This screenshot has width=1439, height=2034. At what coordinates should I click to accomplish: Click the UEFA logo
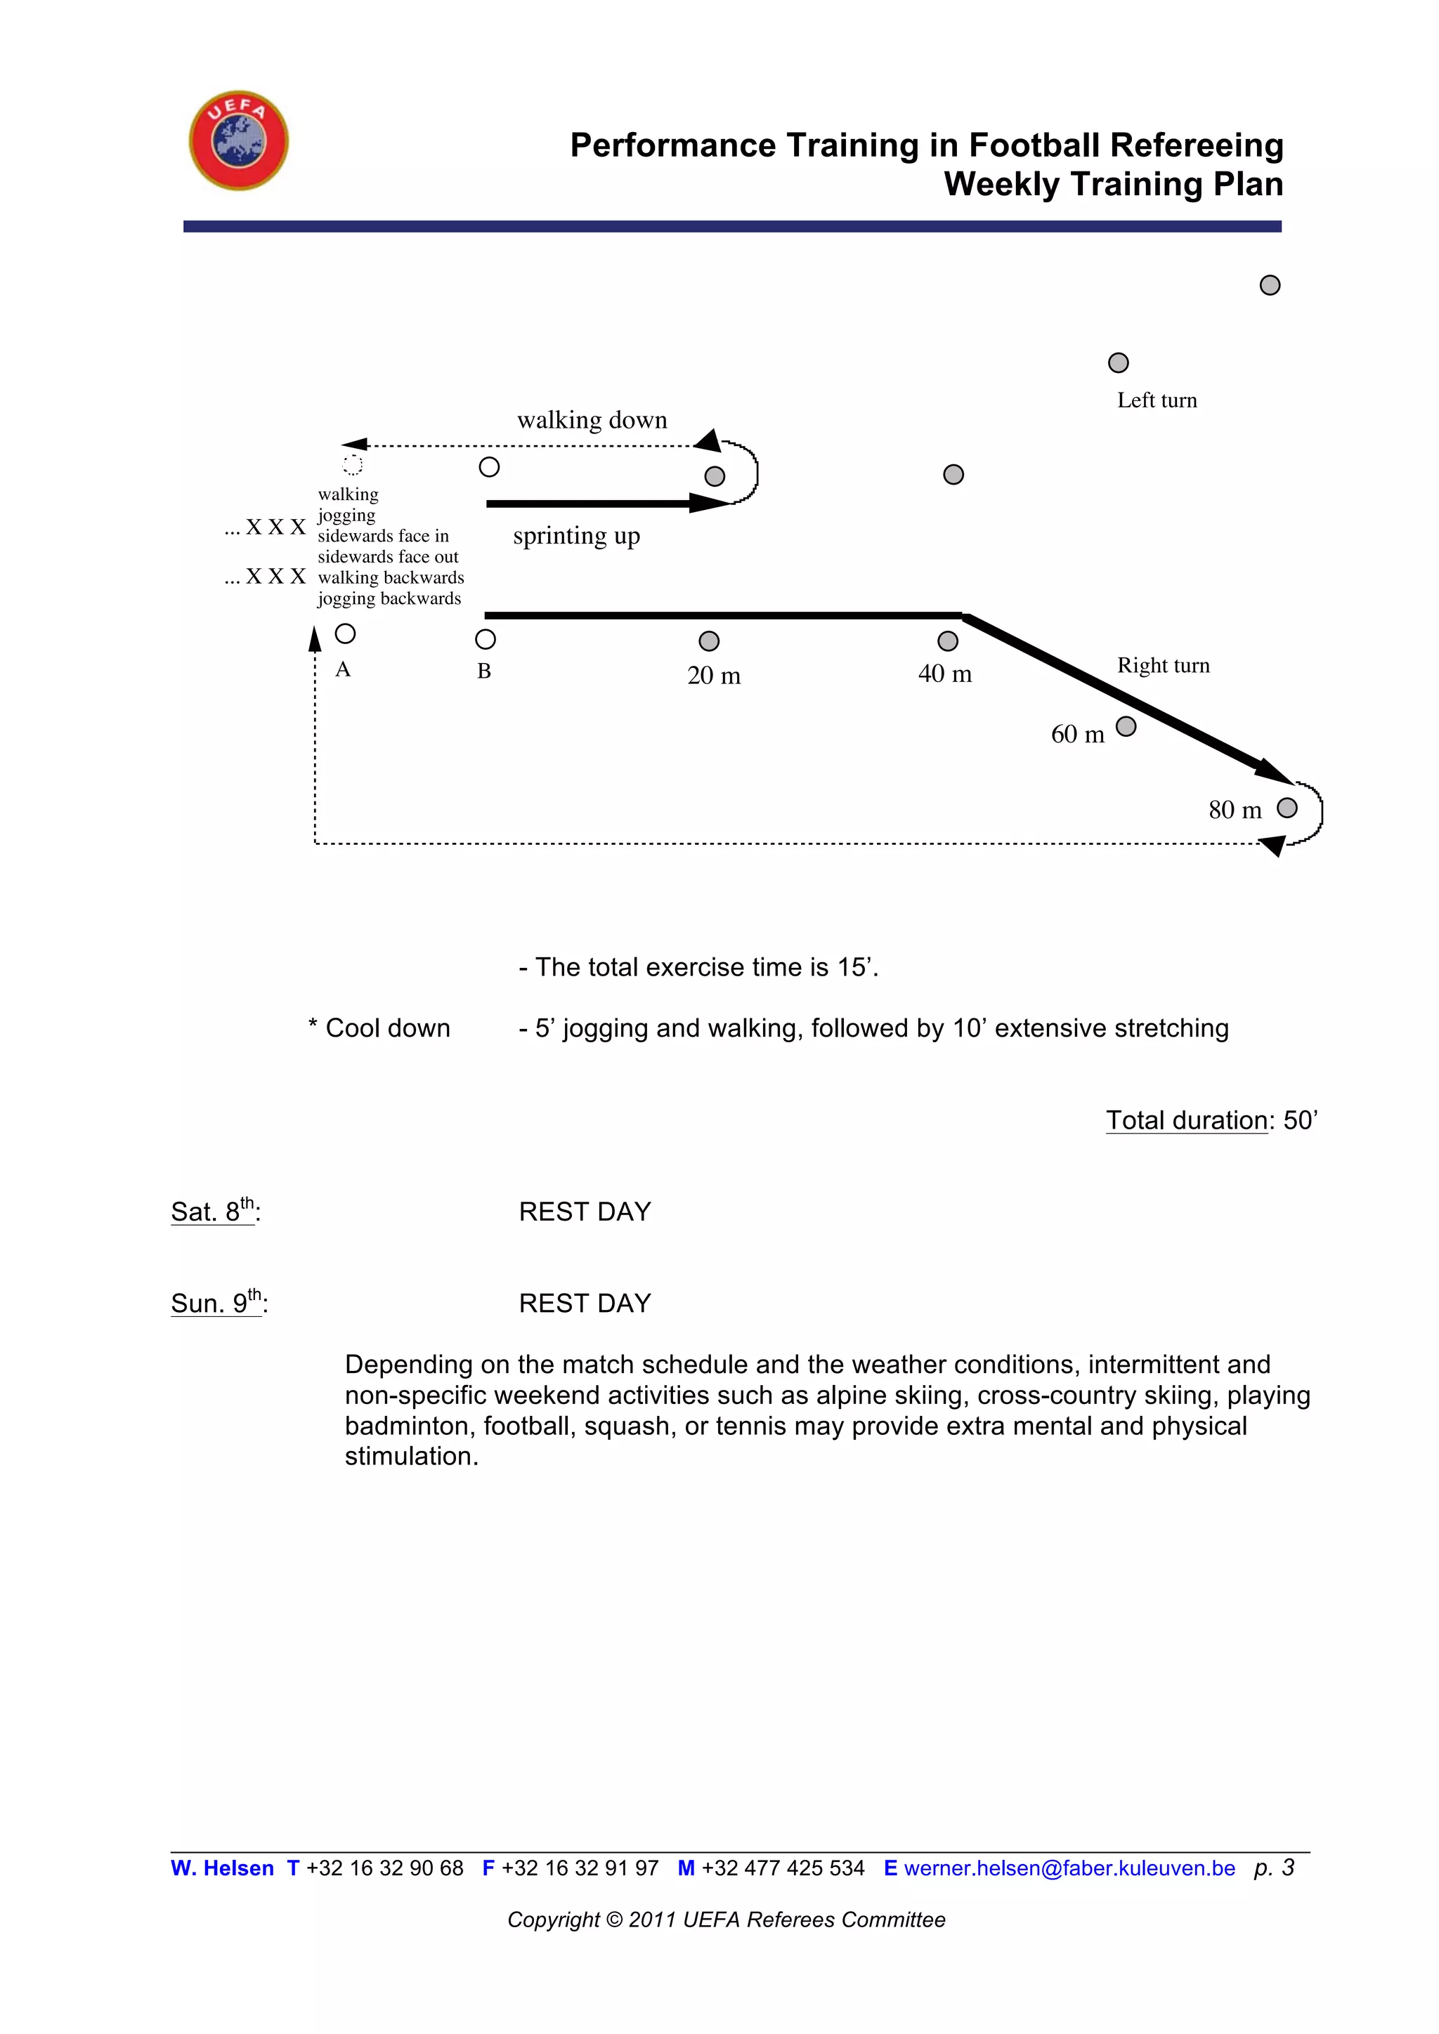(238, 140)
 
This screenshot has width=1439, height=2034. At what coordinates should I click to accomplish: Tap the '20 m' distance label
(713, 676)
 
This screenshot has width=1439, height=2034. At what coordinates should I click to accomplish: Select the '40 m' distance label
(944, 674)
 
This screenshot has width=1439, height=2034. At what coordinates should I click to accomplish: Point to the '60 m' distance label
(1077, 735)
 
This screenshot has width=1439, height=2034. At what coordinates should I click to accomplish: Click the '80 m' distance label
(1235, 810)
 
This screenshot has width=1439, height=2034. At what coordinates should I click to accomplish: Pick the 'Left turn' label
(1157, 400)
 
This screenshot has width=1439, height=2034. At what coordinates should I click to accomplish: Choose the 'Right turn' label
(1163, 665)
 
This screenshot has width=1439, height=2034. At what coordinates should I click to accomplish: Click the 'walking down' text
(592, 420)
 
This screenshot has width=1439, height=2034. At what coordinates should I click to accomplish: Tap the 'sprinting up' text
(576, 536)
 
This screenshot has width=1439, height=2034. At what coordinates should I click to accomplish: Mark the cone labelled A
(346, 634)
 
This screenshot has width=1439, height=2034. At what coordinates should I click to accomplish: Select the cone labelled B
(486, 638)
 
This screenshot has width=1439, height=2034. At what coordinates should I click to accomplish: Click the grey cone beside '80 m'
(1287, 808)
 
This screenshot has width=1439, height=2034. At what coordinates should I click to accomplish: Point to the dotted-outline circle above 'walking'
(353, 465)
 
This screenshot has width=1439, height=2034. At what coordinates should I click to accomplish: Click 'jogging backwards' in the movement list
(389, 599)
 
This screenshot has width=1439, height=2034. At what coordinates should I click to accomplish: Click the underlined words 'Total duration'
(1187, 1121)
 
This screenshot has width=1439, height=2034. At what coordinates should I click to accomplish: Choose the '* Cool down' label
(379, 1028)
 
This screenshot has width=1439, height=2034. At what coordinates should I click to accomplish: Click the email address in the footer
(1069, 1868)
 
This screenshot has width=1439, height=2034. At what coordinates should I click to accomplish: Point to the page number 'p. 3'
(1273, 1868)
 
